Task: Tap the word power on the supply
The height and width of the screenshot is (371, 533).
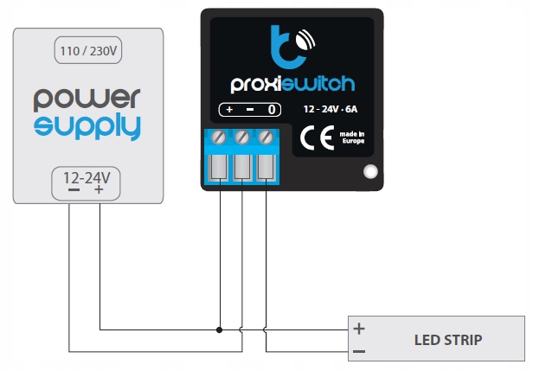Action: click(87, 98)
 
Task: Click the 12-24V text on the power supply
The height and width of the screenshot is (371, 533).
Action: click(87, 176)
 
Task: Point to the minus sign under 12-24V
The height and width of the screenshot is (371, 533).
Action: click(73, 190)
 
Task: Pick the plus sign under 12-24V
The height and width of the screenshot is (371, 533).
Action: click(100, 190)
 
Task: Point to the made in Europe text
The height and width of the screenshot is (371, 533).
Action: click(351, 138)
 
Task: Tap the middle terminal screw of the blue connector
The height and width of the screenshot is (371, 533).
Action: click(242, 138)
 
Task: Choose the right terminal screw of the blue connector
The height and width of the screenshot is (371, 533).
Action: click(265, 138)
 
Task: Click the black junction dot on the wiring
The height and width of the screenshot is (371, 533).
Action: click(220, 329)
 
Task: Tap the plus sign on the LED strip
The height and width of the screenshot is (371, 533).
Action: click(359, 329)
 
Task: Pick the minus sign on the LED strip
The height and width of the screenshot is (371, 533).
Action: click(359, 351)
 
